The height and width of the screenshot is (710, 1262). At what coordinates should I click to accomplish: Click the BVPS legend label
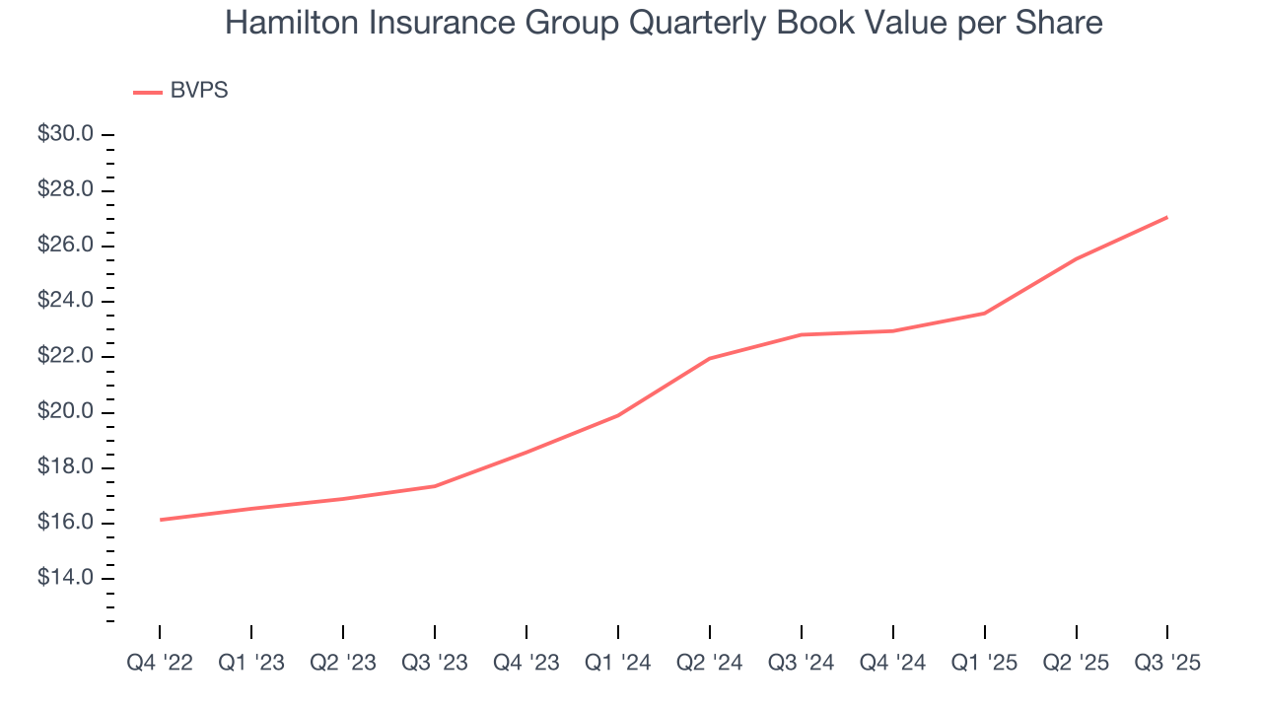tap(199, 91)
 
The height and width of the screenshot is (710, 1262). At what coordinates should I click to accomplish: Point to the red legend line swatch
tap(147, 92)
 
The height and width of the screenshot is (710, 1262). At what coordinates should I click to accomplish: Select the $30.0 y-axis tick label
tap(65, 134)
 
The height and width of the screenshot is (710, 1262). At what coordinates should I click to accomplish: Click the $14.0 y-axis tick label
tap(65, 578)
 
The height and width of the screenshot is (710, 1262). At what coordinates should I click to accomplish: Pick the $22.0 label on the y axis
tap(65, 356)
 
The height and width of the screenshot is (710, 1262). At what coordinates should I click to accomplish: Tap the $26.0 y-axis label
tap(65, 246)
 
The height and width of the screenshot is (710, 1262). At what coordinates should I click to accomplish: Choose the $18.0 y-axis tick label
tap(65, 467)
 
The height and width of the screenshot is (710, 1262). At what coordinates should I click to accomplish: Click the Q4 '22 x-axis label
tap(160, 663)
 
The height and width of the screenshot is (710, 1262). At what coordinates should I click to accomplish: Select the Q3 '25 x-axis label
tap(1167, 663)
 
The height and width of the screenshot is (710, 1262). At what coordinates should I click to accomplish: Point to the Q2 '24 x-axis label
tap(710, 663)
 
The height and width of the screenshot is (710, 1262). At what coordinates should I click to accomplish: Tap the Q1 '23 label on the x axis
tap(251, 663)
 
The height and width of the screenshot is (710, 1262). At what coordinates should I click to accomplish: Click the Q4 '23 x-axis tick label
tap(526, 663)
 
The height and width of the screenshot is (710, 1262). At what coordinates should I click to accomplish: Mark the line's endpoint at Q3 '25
tap(1167, 217)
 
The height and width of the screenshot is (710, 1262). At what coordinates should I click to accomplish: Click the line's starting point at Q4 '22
tap(160, 520)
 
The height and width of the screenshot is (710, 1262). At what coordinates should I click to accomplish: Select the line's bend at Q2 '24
tap(710, 358)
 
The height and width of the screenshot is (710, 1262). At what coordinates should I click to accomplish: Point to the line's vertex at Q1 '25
tap(984, 314)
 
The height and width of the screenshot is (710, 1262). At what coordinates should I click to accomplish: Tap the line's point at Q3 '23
tap(435, 486)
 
